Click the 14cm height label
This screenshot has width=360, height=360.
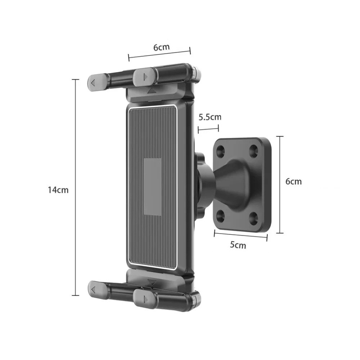58,190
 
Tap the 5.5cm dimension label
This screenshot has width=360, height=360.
210,117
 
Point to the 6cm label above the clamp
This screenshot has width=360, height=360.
161,47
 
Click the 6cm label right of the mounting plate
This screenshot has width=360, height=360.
293,181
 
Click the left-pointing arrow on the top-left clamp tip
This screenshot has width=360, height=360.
93,83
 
